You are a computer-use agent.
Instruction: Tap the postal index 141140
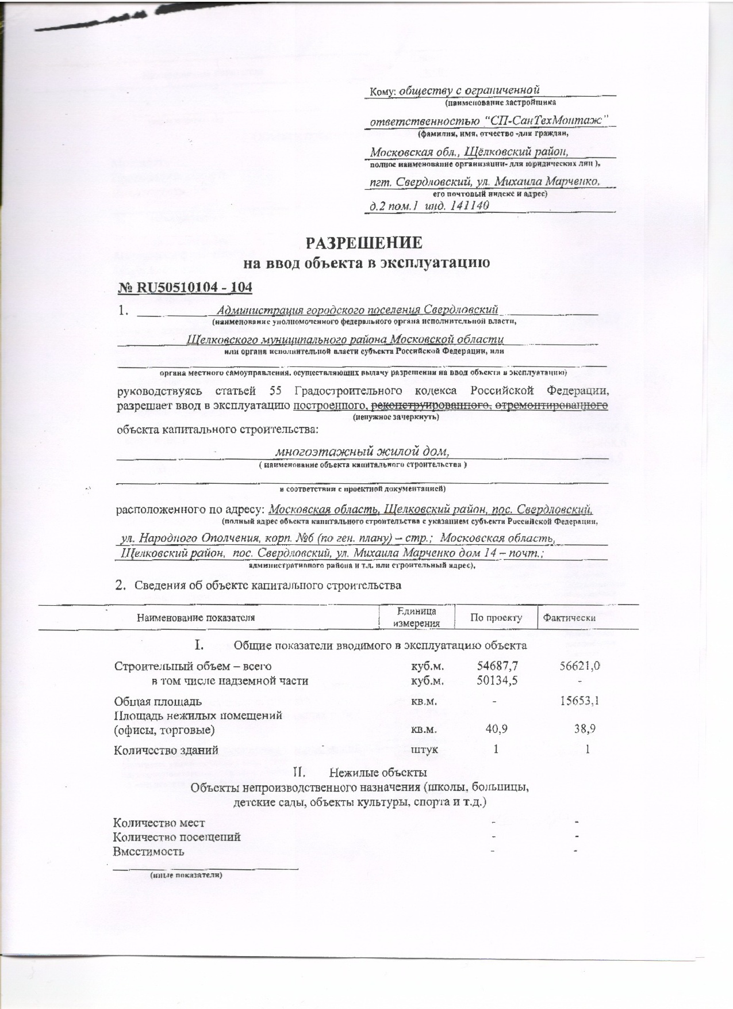click(470, 205)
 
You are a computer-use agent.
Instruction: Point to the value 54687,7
click(498, 666)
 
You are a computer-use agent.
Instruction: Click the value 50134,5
click(498, 681)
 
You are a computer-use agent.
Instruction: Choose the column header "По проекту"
click(496, 618)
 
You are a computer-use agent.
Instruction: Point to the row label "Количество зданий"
click(166, 750)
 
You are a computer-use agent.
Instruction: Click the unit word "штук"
click(425, 750)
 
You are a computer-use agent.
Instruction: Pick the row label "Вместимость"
click(149, 851)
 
